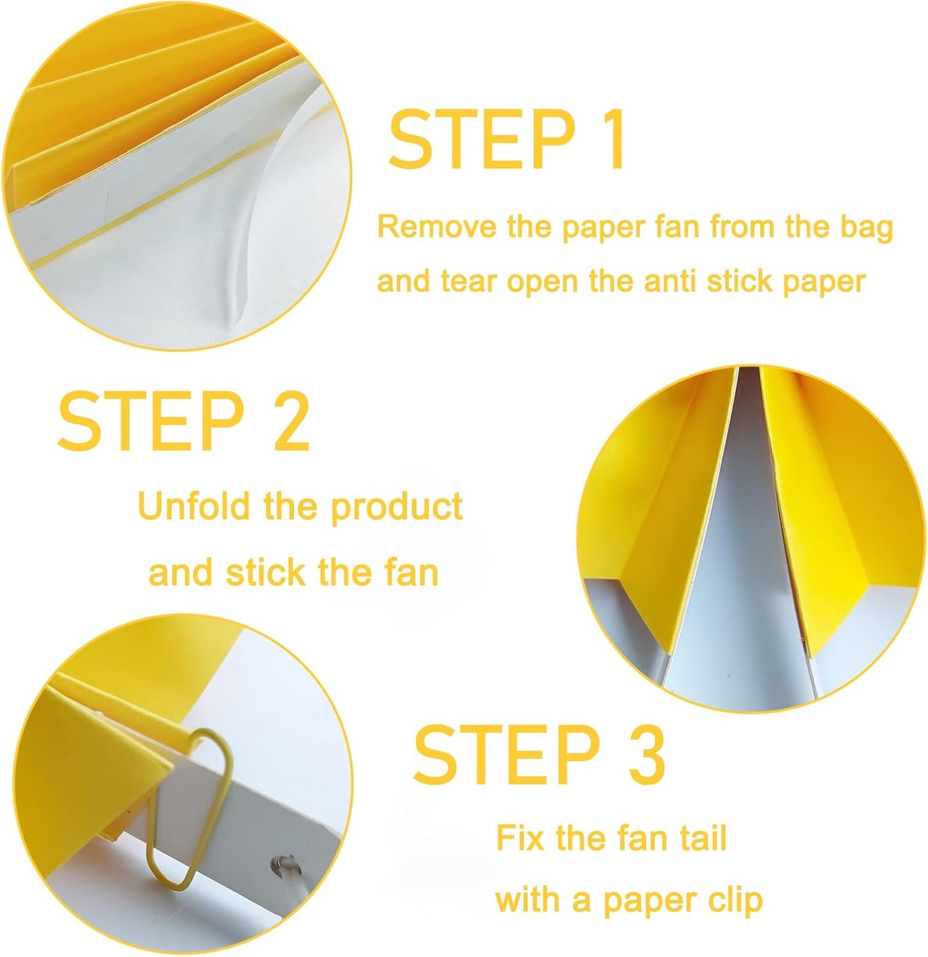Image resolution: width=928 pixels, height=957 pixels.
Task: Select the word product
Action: coord(396,508)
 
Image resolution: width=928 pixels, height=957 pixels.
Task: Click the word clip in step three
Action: coord(737,900)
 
